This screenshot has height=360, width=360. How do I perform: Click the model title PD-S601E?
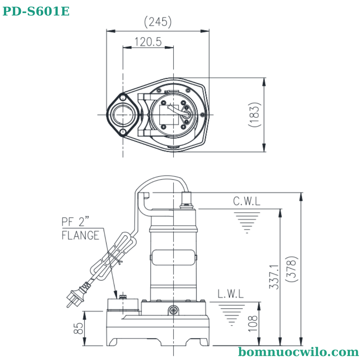36,12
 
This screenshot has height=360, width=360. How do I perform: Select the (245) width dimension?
158,22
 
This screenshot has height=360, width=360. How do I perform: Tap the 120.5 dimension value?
148,42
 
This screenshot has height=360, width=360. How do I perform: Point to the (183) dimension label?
254,114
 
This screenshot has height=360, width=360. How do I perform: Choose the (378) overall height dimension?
292,269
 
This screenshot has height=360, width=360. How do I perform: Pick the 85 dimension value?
78,328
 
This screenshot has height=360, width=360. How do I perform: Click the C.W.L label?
247,201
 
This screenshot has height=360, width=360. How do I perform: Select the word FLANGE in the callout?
80,235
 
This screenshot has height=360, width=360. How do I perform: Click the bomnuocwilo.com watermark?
298,351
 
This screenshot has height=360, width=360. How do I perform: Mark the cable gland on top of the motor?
187,200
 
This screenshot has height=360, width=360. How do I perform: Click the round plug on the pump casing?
174,310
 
